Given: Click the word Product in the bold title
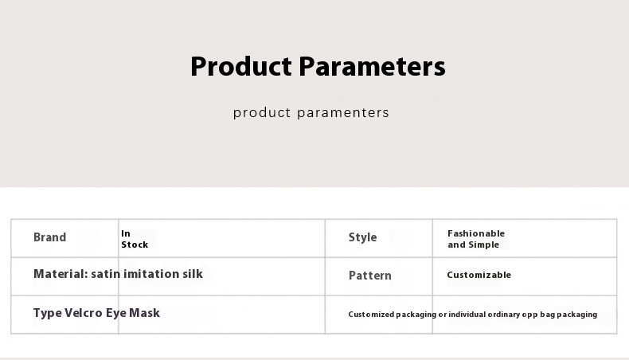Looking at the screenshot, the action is point(241,66).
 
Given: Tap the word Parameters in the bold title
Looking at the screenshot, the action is point(373,66).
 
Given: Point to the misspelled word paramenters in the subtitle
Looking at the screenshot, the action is point(343,113).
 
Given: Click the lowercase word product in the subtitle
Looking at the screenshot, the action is point(261,113).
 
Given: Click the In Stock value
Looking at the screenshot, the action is point(135,239).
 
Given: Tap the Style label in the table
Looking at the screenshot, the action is point(362,237).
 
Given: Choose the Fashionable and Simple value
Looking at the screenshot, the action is point(476,239).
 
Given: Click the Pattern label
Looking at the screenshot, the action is point(370,276).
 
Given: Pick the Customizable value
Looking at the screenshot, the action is point(479,275).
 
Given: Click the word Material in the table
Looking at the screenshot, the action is point(61,274).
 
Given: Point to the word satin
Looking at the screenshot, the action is point(106,274).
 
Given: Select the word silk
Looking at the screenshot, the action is point(193,274).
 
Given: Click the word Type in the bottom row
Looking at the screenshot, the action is point(47,313).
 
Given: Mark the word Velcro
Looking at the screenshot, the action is point(84,313).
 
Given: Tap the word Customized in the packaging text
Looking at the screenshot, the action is point(371,315).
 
